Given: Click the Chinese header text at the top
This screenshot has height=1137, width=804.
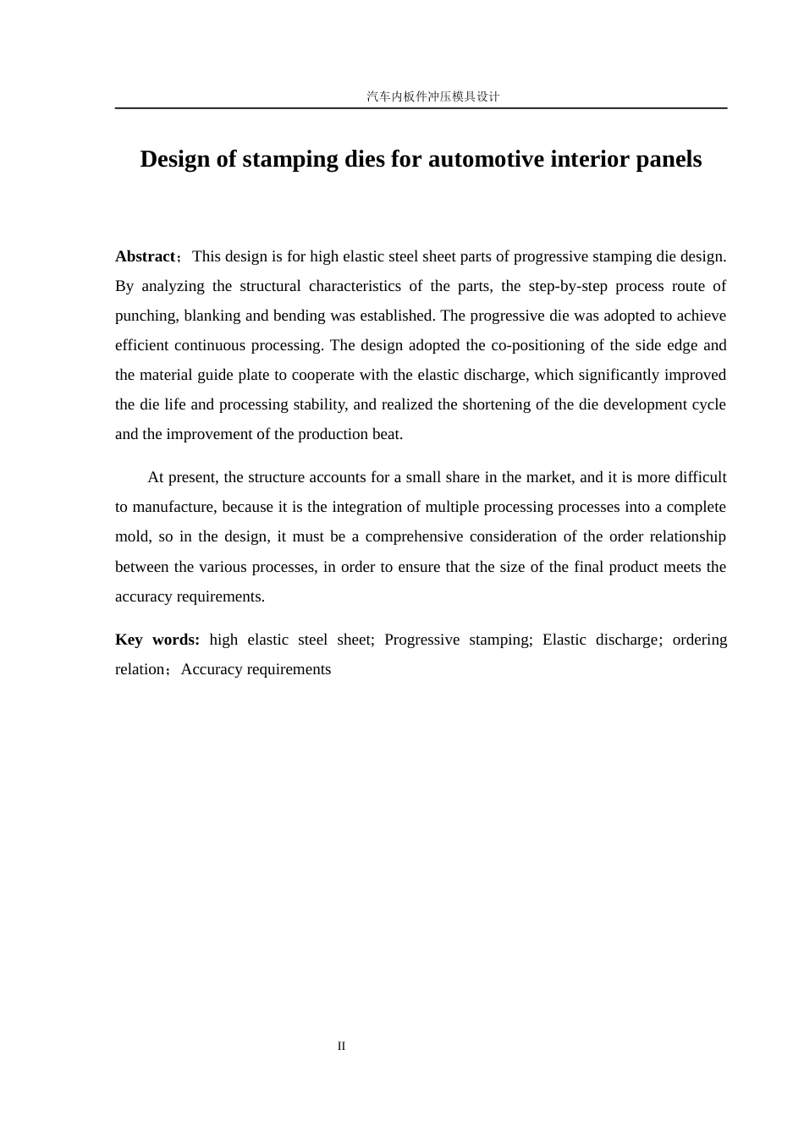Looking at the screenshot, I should click(432, 96).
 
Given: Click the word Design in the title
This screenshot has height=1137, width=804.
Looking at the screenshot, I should click(175, 159).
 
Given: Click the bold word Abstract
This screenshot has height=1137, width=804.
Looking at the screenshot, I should click(145, 256).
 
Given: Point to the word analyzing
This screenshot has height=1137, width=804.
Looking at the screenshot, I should click(173, 286).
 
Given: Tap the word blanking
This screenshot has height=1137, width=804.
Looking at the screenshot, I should click(212, 316).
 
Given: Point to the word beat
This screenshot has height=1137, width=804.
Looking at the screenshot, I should click(388, 434).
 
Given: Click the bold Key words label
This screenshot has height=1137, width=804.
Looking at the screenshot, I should click(157, 640).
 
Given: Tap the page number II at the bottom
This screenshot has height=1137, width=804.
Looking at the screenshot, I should click(341, 1046).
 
